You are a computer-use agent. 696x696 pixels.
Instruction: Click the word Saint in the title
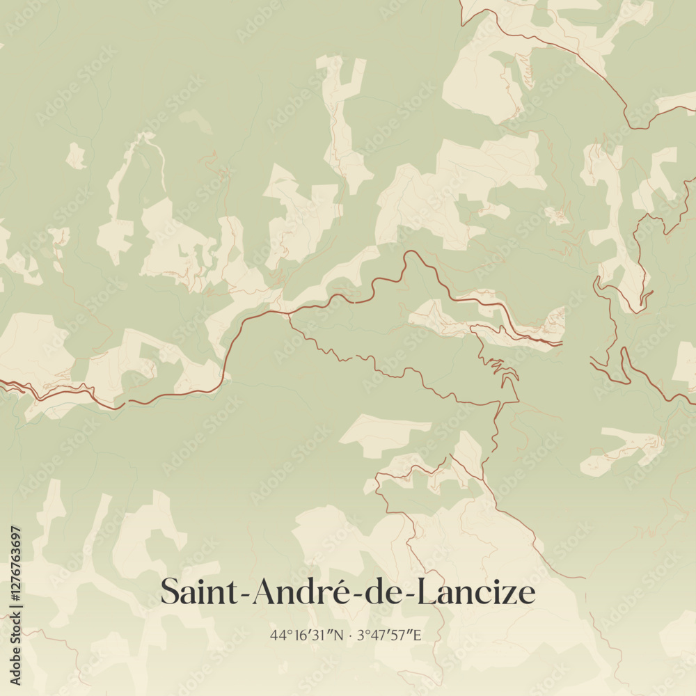point(201,592)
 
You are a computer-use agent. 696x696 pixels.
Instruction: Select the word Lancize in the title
point(481,592)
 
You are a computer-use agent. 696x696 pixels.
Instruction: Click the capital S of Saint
point(169,592)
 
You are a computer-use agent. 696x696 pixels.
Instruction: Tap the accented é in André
point(347,592)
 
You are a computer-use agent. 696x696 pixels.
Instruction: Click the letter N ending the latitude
point(339,635)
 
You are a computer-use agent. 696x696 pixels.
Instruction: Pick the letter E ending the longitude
point(419,635)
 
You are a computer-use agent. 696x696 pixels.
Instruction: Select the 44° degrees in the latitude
point(280,635)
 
